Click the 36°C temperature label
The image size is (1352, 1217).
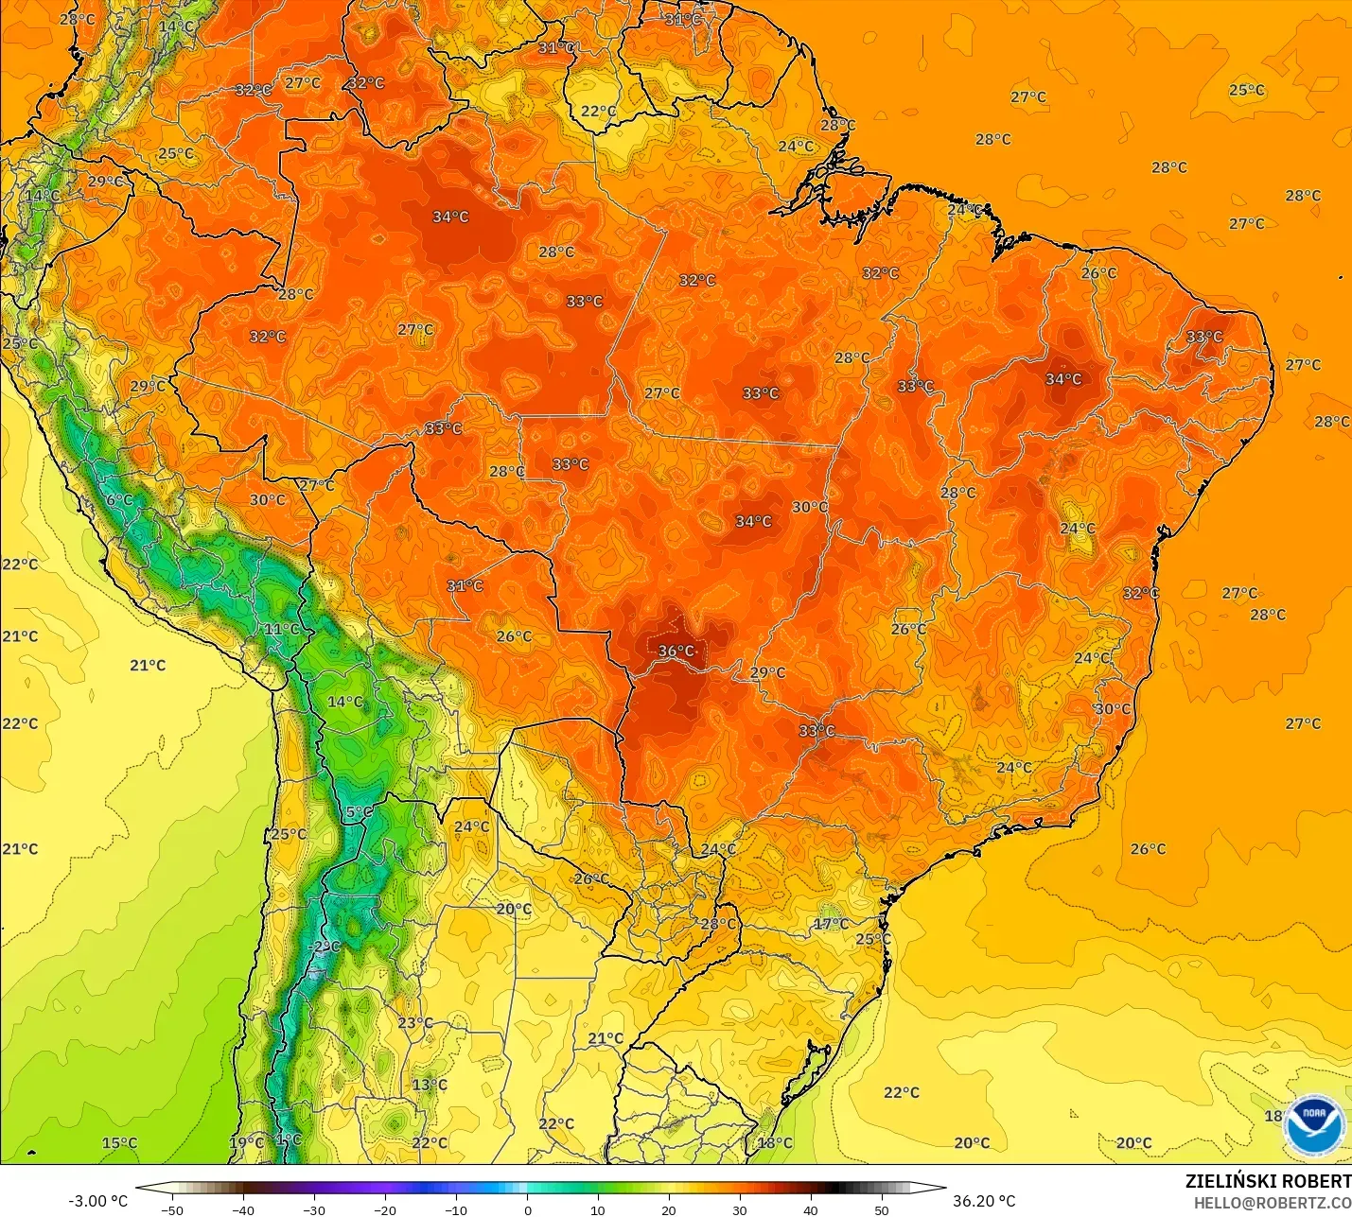click(676, 651)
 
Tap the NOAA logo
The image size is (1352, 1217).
click(1314, 1124)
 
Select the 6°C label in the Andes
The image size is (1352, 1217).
click(118, 500)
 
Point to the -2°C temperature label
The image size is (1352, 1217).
click(325, 947)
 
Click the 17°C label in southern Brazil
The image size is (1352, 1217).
click(831, 924)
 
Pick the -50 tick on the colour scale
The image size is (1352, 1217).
click(171, 1209)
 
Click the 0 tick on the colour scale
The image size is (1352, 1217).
click(527, 1209)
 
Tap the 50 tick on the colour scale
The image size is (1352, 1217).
click(882, 1209)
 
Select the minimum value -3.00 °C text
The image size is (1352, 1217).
click(97, 1201)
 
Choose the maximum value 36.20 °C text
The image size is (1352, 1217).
click(984, 1201)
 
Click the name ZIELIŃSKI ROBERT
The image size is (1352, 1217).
click(1268, 1181)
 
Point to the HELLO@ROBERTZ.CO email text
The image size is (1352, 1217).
click(1272, 1203)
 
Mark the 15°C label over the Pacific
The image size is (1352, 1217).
click(119, 1142)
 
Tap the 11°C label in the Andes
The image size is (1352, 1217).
click(281, 629)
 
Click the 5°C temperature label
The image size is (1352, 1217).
click(358, 812)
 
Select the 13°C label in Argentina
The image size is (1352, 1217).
click(429, 1085)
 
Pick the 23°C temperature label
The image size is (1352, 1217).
click(414, 1023)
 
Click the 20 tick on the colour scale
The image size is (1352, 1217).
click(669, 1209)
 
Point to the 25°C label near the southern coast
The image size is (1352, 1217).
click(872, 939)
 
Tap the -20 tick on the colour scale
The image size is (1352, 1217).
click(384, 1209)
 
